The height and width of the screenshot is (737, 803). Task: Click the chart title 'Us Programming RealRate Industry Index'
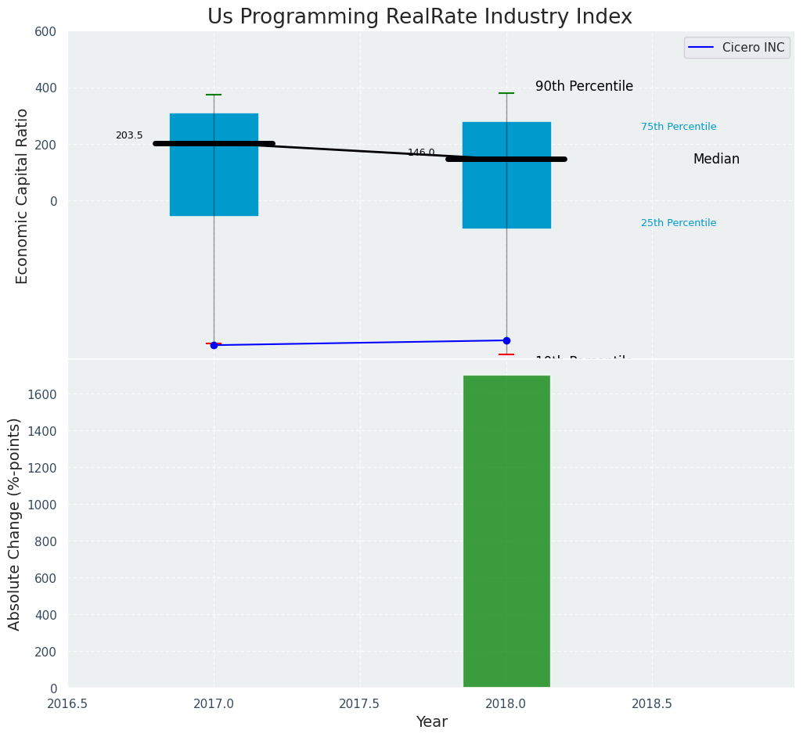tap(420, 17)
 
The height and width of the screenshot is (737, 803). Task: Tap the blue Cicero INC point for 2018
tap(506, 340)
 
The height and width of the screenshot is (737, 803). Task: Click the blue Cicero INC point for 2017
tap(214, 345)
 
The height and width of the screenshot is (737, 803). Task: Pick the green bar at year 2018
tap(506, 532)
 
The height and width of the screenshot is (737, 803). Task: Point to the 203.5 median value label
tap(129, 135)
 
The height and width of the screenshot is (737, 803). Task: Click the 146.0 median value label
tap(421, 153)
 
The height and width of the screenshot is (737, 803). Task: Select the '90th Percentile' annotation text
tap(584, 87)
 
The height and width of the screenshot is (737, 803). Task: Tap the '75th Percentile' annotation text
tap(679, 127)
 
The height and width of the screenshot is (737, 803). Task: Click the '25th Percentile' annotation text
tap(679, 223)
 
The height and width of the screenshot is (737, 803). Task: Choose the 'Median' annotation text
tap(716, 160)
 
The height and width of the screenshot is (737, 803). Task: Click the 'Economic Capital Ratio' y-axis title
tap(22, 196)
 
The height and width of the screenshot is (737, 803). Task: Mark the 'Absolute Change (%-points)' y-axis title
tap(14, 523)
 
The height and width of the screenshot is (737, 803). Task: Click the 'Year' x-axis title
tap(431, 722)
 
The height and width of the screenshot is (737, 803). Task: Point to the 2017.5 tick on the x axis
tap(359, 703)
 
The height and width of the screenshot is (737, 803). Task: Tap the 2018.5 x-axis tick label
tap(652, 703)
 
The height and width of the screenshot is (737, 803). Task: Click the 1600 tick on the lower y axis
tap(42, 394)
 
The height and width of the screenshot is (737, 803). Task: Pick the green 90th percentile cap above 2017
tap(214, 95)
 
